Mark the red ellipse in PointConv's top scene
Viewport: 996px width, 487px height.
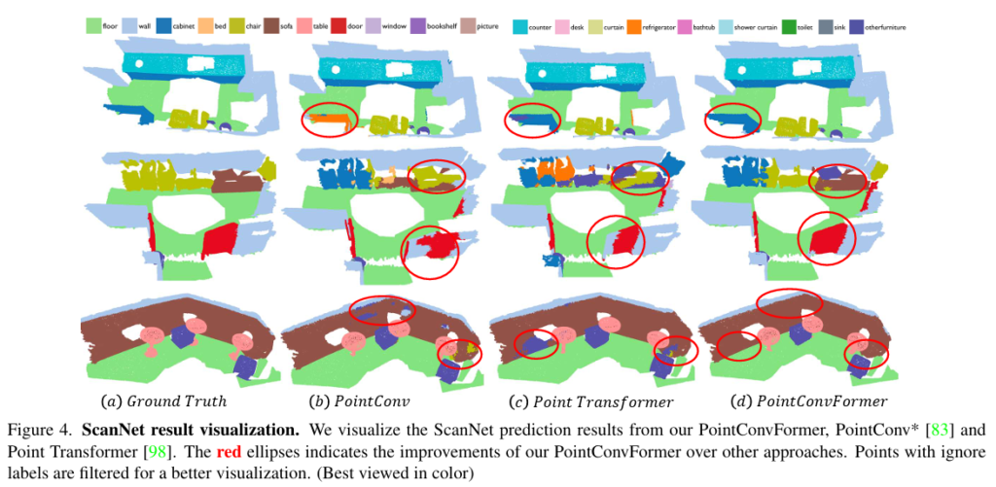(329, 119)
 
